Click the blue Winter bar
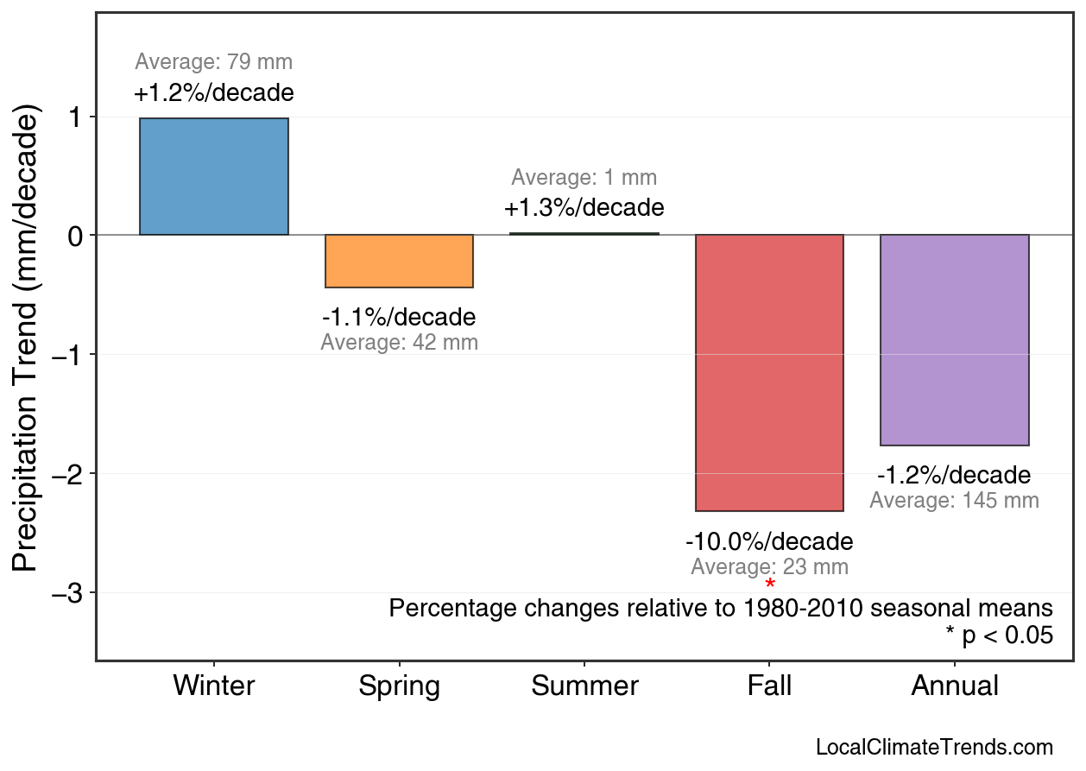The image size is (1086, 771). pyautogui.click(x=214, y=176)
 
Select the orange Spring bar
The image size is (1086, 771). pyautogui.click(x=399, y=261)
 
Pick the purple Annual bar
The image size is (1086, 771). pyautogui.click(x=954, y=340)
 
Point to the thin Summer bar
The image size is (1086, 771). pyautogui.click(x=584, y=233)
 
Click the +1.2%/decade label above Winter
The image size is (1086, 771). pyautogui.click(x=214, y=93)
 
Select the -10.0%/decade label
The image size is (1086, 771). pyautogui.click(x=769, y=542)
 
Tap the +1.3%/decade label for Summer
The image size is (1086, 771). pyautogui.click(x=584, y=208)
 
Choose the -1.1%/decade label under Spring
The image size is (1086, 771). pyautogui.click(x=399, y=317)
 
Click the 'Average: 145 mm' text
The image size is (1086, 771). pyautogui.click(x=954, y=501)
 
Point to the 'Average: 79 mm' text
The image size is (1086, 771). pyautogui.click(x=214, y=62)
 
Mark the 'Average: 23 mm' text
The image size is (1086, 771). pyautogui.click(x=769, y=567)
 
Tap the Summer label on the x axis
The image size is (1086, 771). pyautogui.click(x=584, y=686)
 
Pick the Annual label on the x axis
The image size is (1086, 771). pyautogui.click(x=954, y=686)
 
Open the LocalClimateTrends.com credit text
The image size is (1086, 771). pyautogui.click(x=934, y=748)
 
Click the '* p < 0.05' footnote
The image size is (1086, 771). pyautogui.click(x=999, y=635)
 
